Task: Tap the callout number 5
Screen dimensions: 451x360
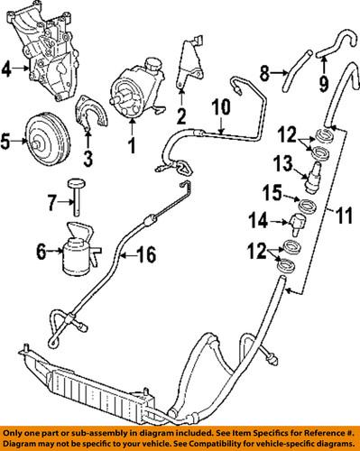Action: coord(7,141)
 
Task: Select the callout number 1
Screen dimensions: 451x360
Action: coord(133,143)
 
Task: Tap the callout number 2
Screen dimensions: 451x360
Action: coord(181,115)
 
